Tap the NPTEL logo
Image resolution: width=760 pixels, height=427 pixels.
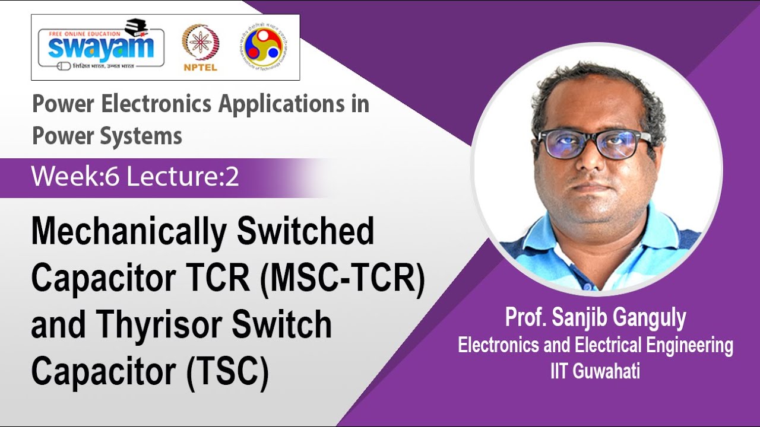point(200,48)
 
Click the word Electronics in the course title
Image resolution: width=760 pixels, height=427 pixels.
point(157,104)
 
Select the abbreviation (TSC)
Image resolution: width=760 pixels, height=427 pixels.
point(229,372)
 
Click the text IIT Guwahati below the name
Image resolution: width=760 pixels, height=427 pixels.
point(595,372)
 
